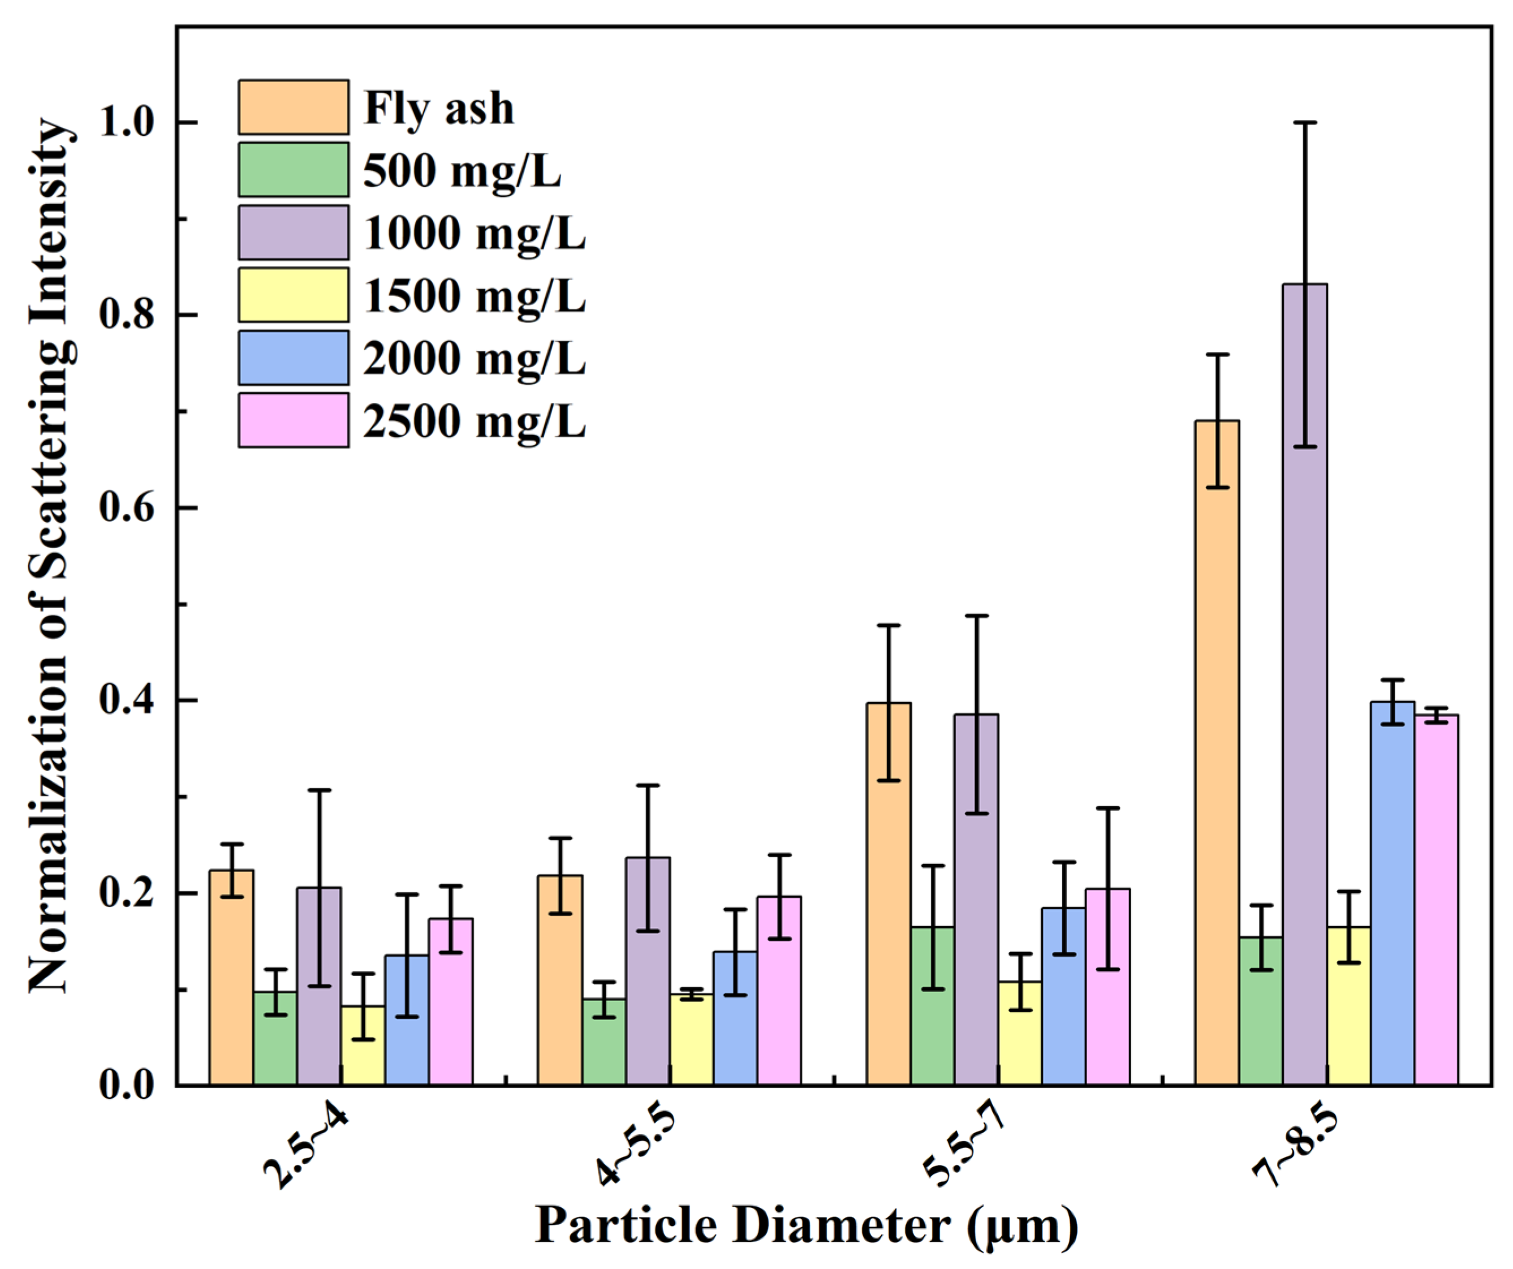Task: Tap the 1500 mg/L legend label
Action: [475, 295]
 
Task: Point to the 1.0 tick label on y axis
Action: [127, 123]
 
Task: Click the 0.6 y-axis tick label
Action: [127, 508]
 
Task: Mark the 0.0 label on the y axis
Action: [127, 1085]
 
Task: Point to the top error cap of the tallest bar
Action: [1305, 123]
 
